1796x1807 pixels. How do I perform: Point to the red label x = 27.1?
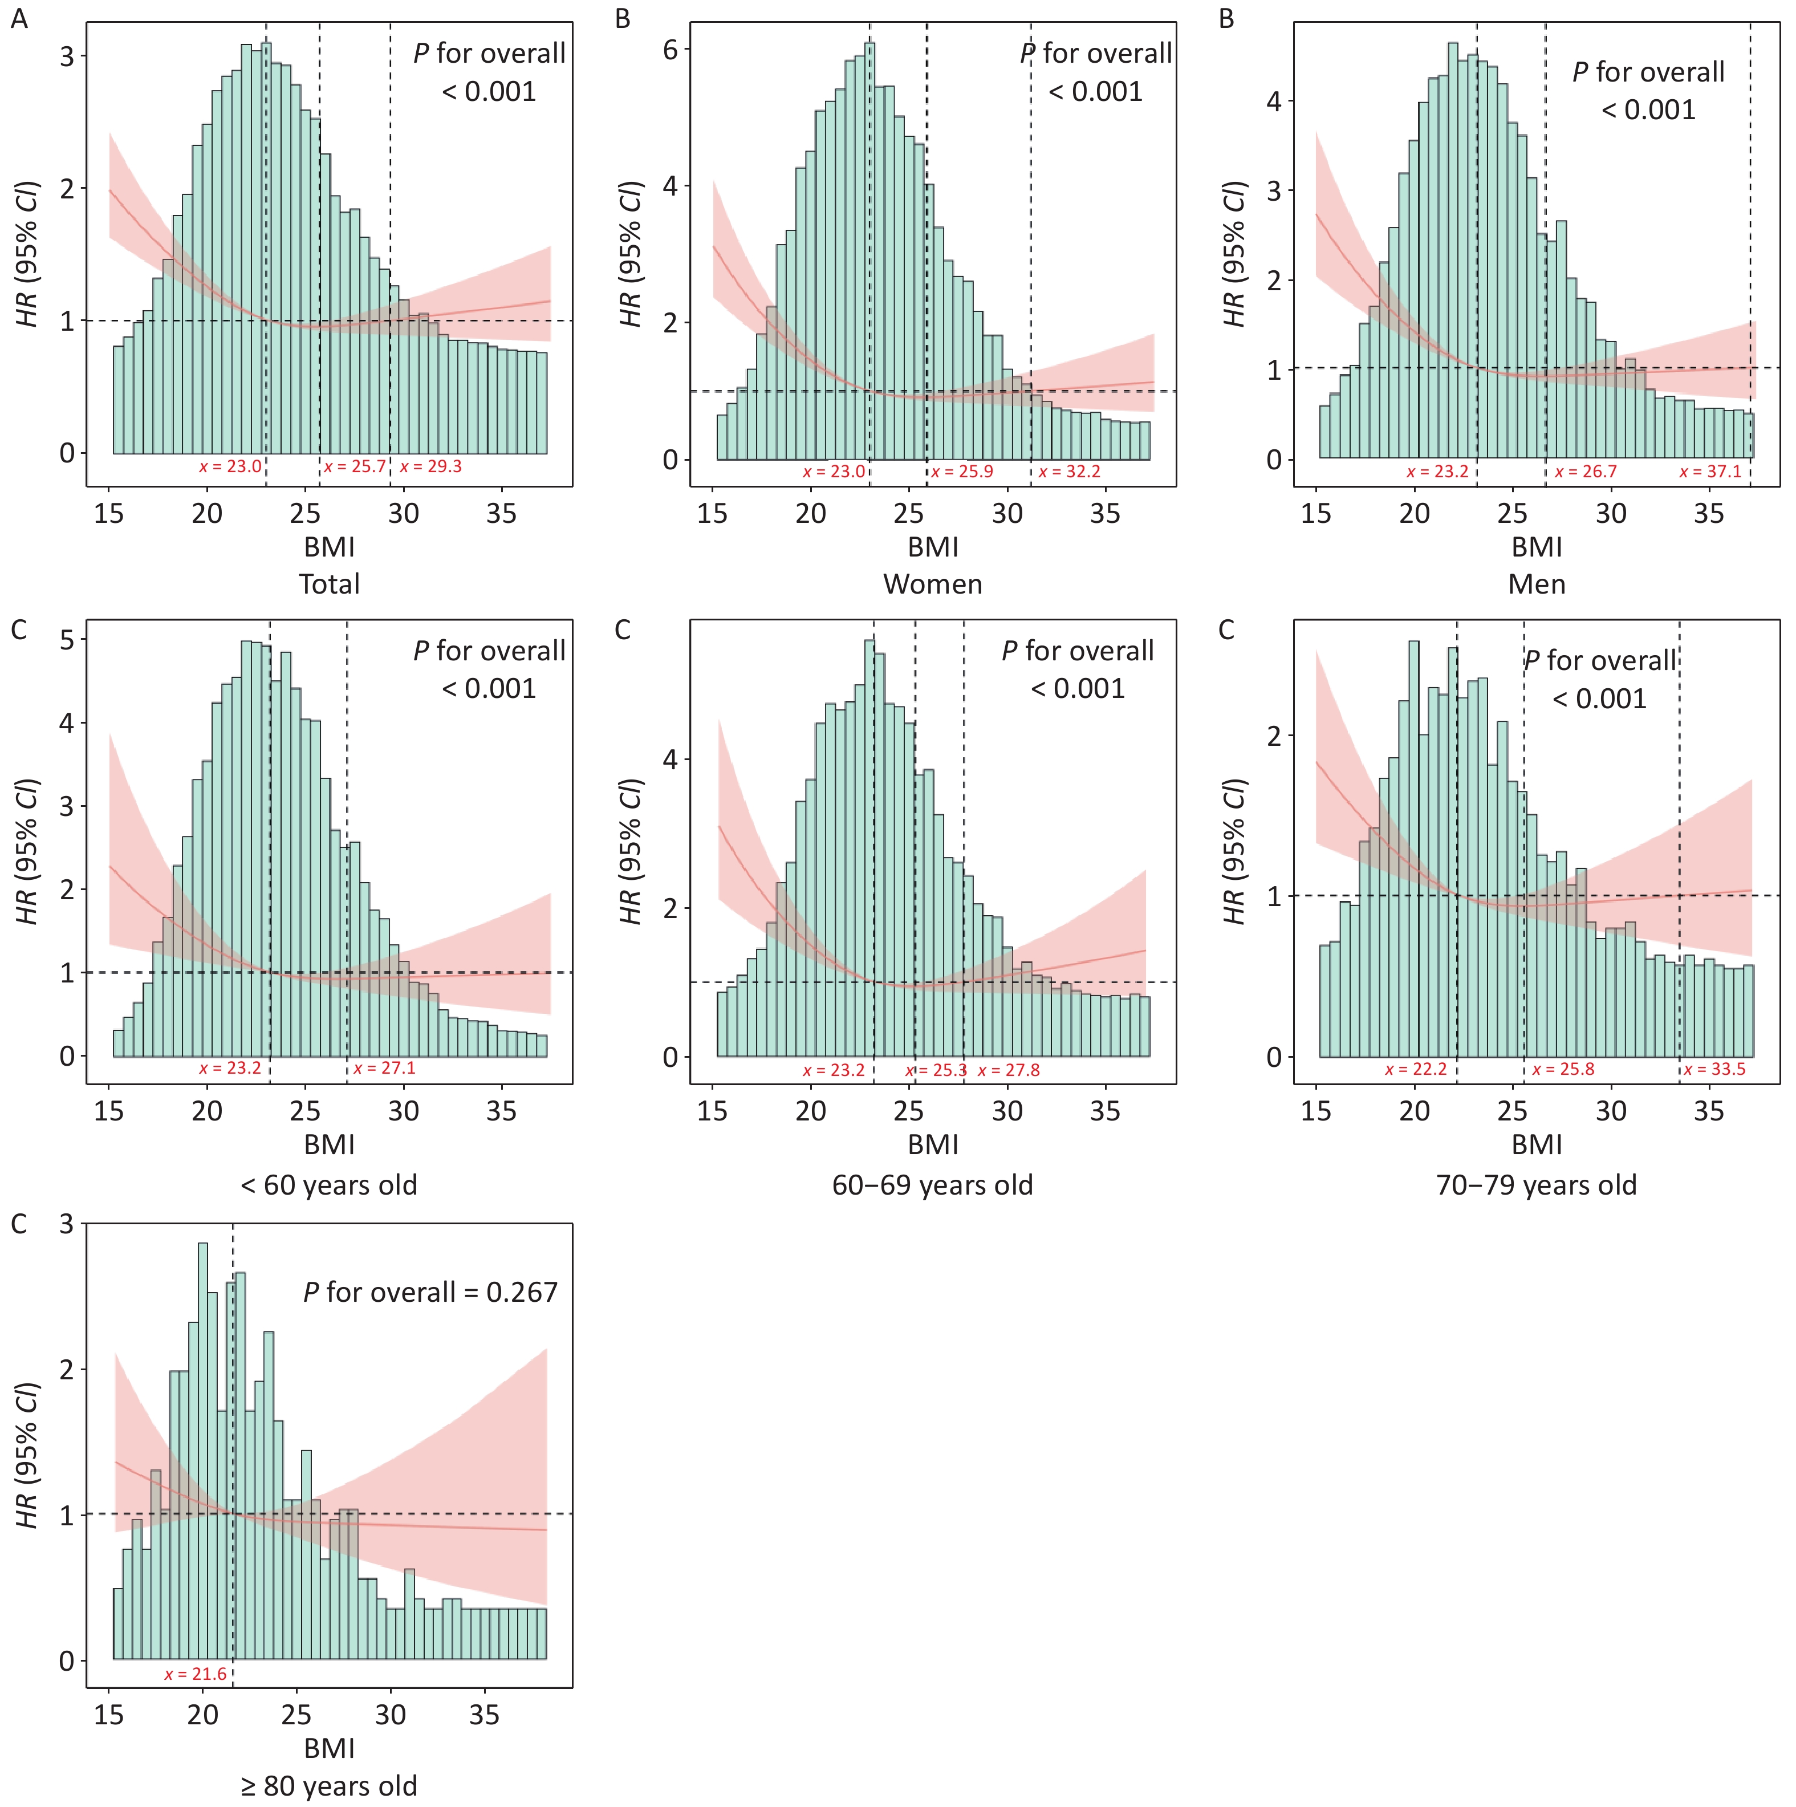click(384, 1068)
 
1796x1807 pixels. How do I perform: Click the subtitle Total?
click(330, 584)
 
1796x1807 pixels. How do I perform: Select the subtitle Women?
click(933, 584)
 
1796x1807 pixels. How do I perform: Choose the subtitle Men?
click(1536, 584)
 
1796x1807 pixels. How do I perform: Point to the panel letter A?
click(19, 19)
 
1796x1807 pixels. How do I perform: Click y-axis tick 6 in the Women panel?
click(670, 50)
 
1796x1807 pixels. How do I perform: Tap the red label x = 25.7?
click(355, 466)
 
